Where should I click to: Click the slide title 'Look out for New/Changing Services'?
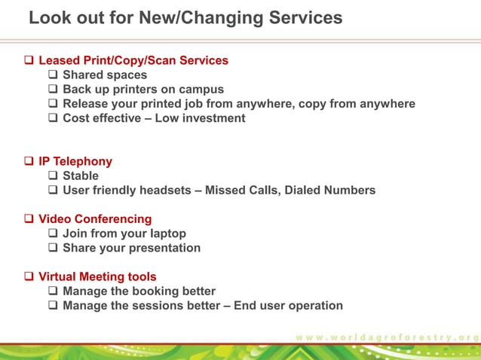pos(185,17)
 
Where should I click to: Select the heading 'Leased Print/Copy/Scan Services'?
pos(133,60)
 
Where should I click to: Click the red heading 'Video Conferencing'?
pos(95,219)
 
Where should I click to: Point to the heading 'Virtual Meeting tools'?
pos(97,277)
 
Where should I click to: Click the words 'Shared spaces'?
pos(105,75)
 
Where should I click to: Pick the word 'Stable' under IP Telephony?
pos(81,175)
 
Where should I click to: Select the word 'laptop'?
pos(166,233)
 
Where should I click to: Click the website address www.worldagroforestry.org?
pos(387,336)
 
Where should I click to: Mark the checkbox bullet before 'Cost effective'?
pos(54,118)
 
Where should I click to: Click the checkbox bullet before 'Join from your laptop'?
pos(54,233)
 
